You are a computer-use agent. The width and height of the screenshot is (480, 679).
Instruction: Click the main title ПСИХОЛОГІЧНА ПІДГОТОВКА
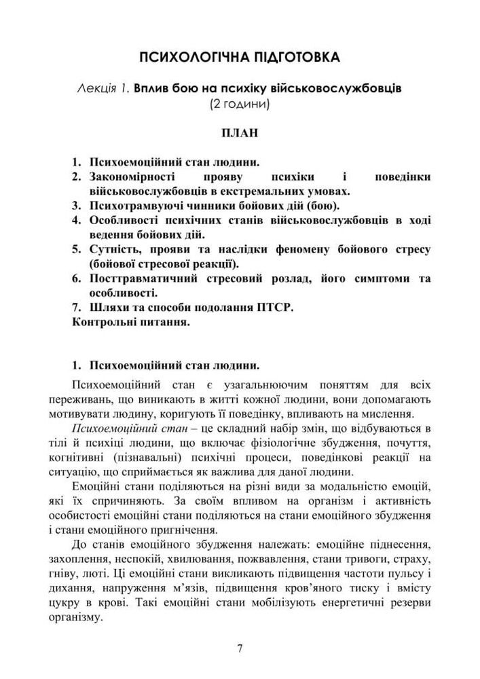(240, 57)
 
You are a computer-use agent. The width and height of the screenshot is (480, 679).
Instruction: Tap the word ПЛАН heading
(240, 132)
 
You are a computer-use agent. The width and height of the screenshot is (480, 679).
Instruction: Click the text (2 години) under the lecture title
(240, 105)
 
